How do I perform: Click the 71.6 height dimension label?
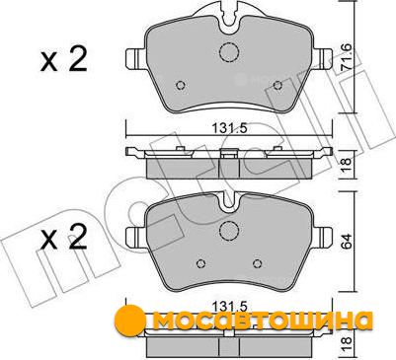coord(347,58)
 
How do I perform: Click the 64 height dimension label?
coord(347,243)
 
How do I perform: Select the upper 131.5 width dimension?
coord(229,128)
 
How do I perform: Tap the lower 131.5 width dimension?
coord(229,307)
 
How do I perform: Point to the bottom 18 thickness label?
coord(347,344)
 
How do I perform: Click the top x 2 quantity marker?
coord(63,60)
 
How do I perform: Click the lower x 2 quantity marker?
coord(63,238)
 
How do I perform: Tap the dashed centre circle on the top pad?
coord(229,52)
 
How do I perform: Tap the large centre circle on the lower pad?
coord(229,231)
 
